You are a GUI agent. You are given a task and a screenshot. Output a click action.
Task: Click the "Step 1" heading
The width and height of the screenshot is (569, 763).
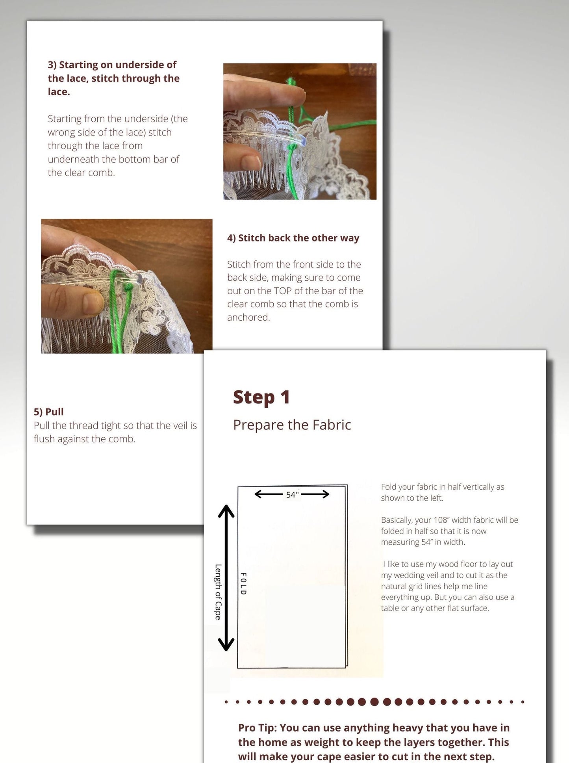click(x=261, y=397)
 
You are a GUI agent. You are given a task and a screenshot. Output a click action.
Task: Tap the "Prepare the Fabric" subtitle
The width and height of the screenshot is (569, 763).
click(x=292, y=425)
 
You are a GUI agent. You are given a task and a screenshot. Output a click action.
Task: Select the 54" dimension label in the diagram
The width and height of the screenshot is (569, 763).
click(x=292, y=494)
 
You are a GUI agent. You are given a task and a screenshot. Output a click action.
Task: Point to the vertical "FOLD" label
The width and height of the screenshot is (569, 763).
click(x=243, y=583)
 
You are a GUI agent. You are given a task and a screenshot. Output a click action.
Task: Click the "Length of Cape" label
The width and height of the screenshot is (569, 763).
click(x=218, y=592)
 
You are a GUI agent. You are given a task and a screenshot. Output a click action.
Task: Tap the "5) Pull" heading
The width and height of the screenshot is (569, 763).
click(x=48, y=412)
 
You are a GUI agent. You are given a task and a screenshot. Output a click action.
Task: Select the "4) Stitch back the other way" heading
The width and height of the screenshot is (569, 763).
click(x=293, y=238)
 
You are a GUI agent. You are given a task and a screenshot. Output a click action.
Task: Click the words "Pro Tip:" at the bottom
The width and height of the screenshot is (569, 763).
click(x=258, y=728)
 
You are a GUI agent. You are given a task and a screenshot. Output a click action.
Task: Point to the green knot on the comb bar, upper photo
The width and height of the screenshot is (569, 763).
click(x=292, y=148)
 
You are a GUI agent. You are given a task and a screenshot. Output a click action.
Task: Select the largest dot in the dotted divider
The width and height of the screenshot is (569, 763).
click(x=374, y=702)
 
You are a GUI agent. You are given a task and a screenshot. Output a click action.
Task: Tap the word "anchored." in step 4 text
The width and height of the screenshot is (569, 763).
click(x=248, y=317)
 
